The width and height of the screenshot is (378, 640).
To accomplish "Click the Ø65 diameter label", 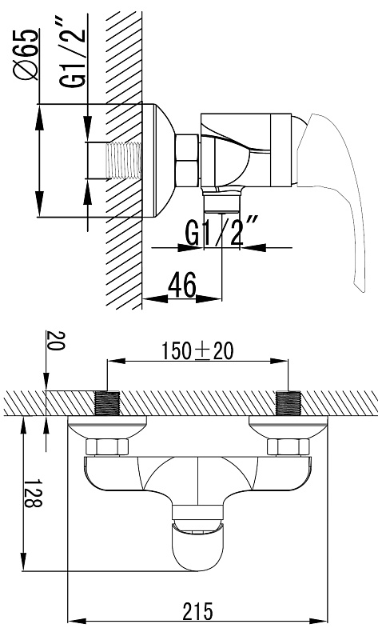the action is pos(26,54).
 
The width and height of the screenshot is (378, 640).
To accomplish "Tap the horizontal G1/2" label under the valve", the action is pos(222,232).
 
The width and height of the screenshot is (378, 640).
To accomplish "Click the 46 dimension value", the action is pos(182,285).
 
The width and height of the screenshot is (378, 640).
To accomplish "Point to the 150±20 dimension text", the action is pos(197,351).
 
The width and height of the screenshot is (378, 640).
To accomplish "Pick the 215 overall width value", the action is pos(197,611).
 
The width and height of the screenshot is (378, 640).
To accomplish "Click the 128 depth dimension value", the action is pos(33,492).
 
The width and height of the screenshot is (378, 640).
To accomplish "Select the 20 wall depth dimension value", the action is pos(56,341).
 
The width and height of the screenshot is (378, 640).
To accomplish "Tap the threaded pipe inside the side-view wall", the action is pos(124,161).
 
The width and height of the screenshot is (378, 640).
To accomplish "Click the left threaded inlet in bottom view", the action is pos(107,403).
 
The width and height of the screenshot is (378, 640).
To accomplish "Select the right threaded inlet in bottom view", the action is pos(288,403).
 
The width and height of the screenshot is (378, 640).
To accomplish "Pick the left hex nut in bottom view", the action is pos(107,447).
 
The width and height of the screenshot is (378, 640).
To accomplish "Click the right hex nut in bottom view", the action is pos(288,447).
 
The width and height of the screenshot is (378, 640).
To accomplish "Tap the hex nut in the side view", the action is pos(187,161).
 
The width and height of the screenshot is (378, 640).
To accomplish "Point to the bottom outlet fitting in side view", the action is pos(222,200).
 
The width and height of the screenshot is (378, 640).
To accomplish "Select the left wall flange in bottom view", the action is pos(107,427).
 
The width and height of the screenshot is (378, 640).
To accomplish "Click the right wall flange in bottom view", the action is pos(288,427).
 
